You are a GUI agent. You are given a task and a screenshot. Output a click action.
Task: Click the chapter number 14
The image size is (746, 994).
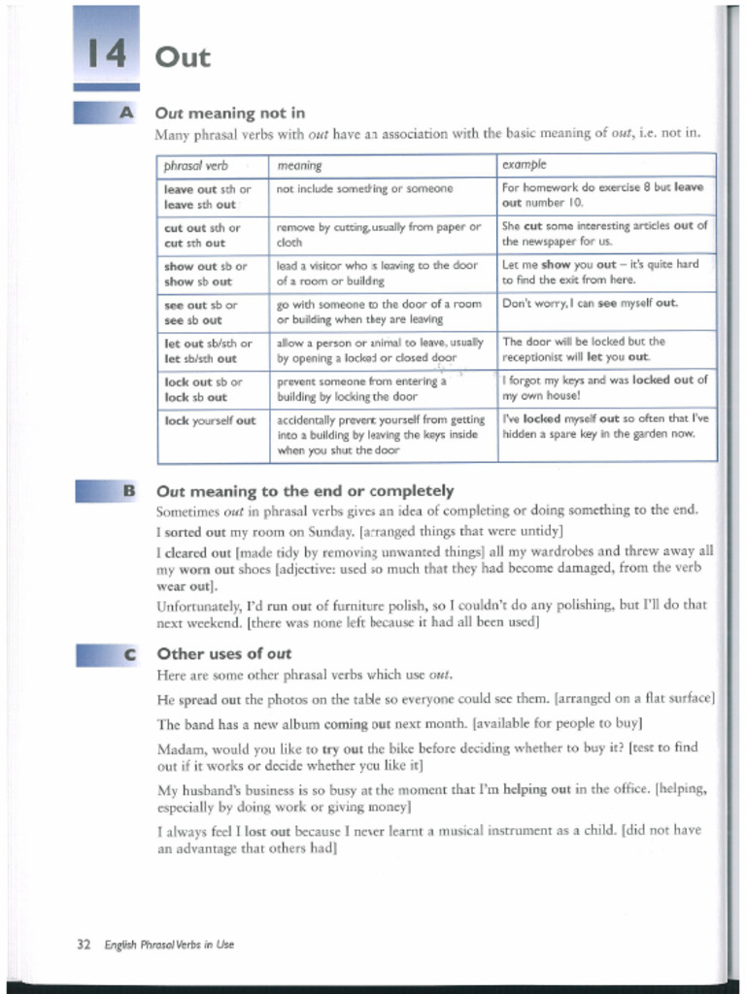coord(106,54)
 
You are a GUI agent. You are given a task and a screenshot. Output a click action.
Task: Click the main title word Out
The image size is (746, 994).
coord(183,57)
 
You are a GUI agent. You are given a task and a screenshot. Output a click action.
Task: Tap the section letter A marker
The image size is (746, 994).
coord(125,113)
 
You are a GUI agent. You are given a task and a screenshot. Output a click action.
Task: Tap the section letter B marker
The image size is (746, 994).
coord(127,491)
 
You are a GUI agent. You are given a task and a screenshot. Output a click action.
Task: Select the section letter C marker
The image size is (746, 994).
coord(127,655)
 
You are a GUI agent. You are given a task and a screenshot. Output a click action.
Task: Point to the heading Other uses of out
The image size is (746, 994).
coord(223,653)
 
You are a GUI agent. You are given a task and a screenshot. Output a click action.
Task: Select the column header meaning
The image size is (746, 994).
coord(299,166)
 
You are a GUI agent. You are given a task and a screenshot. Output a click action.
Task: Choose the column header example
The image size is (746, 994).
coord(525,165)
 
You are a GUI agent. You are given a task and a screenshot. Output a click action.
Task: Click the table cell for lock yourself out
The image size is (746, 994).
coord(210,420)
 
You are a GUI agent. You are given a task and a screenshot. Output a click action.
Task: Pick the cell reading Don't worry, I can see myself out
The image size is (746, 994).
coord(590,303)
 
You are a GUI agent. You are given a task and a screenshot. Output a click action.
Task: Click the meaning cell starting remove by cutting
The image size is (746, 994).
coord(379,234)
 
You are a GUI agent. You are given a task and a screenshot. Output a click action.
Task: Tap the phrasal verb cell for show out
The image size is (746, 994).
coord(205,273)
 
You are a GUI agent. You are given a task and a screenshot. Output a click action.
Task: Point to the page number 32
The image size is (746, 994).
coord(84,944)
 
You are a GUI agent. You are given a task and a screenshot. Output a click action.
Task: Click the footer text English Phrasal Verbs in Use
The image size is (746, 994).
coord(169,944)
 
